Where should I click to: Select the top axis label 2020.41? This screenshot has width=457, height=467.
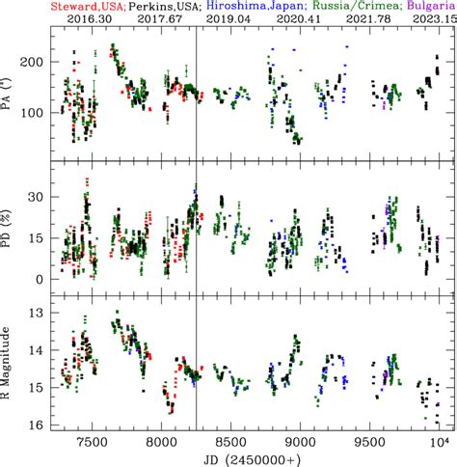tap(297, 18)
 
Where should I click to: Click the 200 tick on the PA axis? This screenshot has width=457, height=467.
tap(38, 63)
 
